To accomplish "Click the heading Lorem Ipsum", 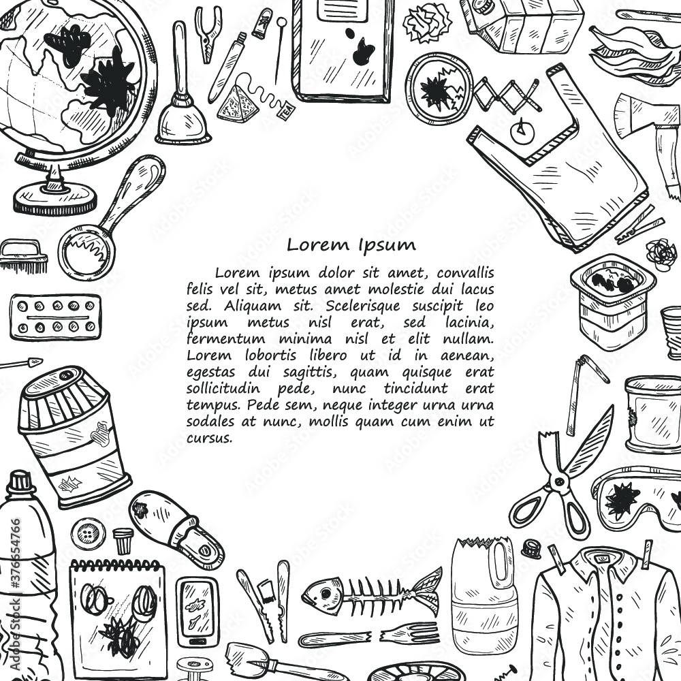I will (x=351, y=244).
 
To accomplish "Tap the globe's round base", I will (x=54, y=199).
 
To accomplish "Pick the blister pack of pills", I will (x=55, y=317).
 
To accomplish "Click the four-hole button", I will (x=87, y=533).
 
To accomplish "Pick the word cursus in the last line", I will (x=209, y=438).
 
